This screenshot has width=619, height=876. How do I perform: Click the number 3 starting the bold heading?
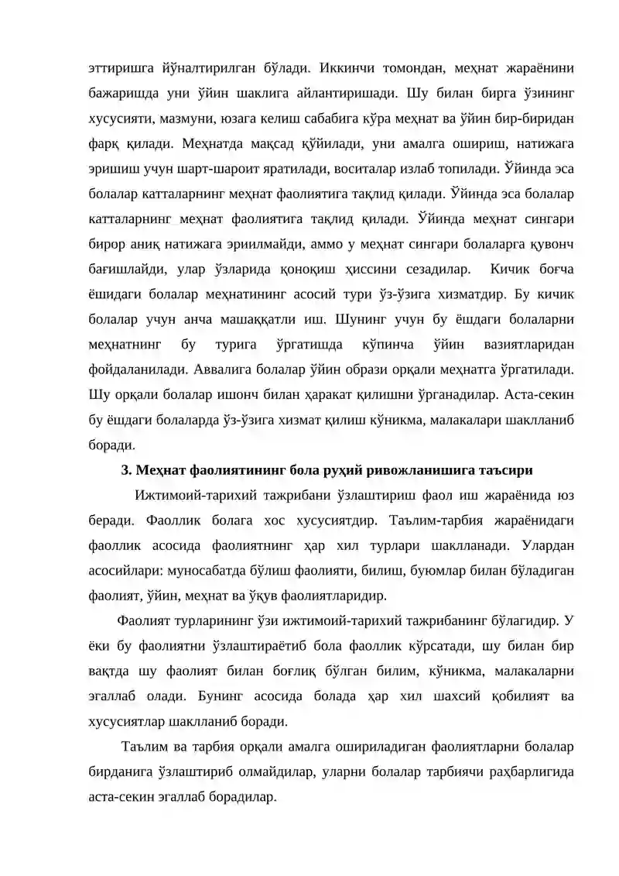(125, 470)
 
